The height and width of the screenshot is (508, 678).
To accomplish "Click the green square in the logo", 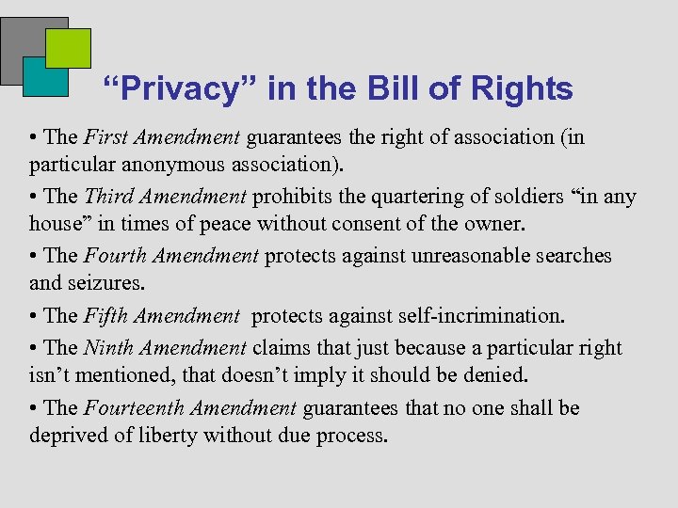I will coord(69,48).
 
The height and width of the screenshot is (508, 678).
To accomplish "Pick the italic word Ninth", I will coord(107,348).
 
